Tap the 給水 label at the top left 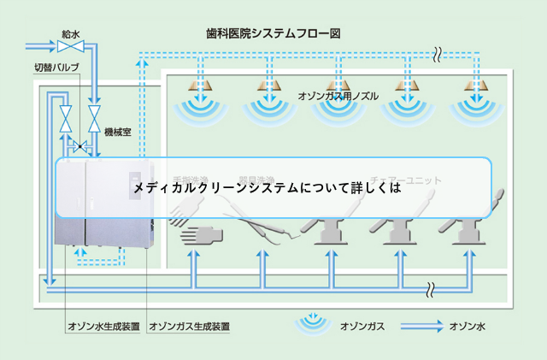tap(71, 34)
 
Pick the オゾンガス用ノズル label tap(337, 97)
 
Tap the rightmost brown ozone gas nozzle tap(475, 86)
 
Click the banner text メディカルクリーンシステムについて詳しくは tap(266, 186)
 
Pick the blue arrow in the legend tap(420, 325)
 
